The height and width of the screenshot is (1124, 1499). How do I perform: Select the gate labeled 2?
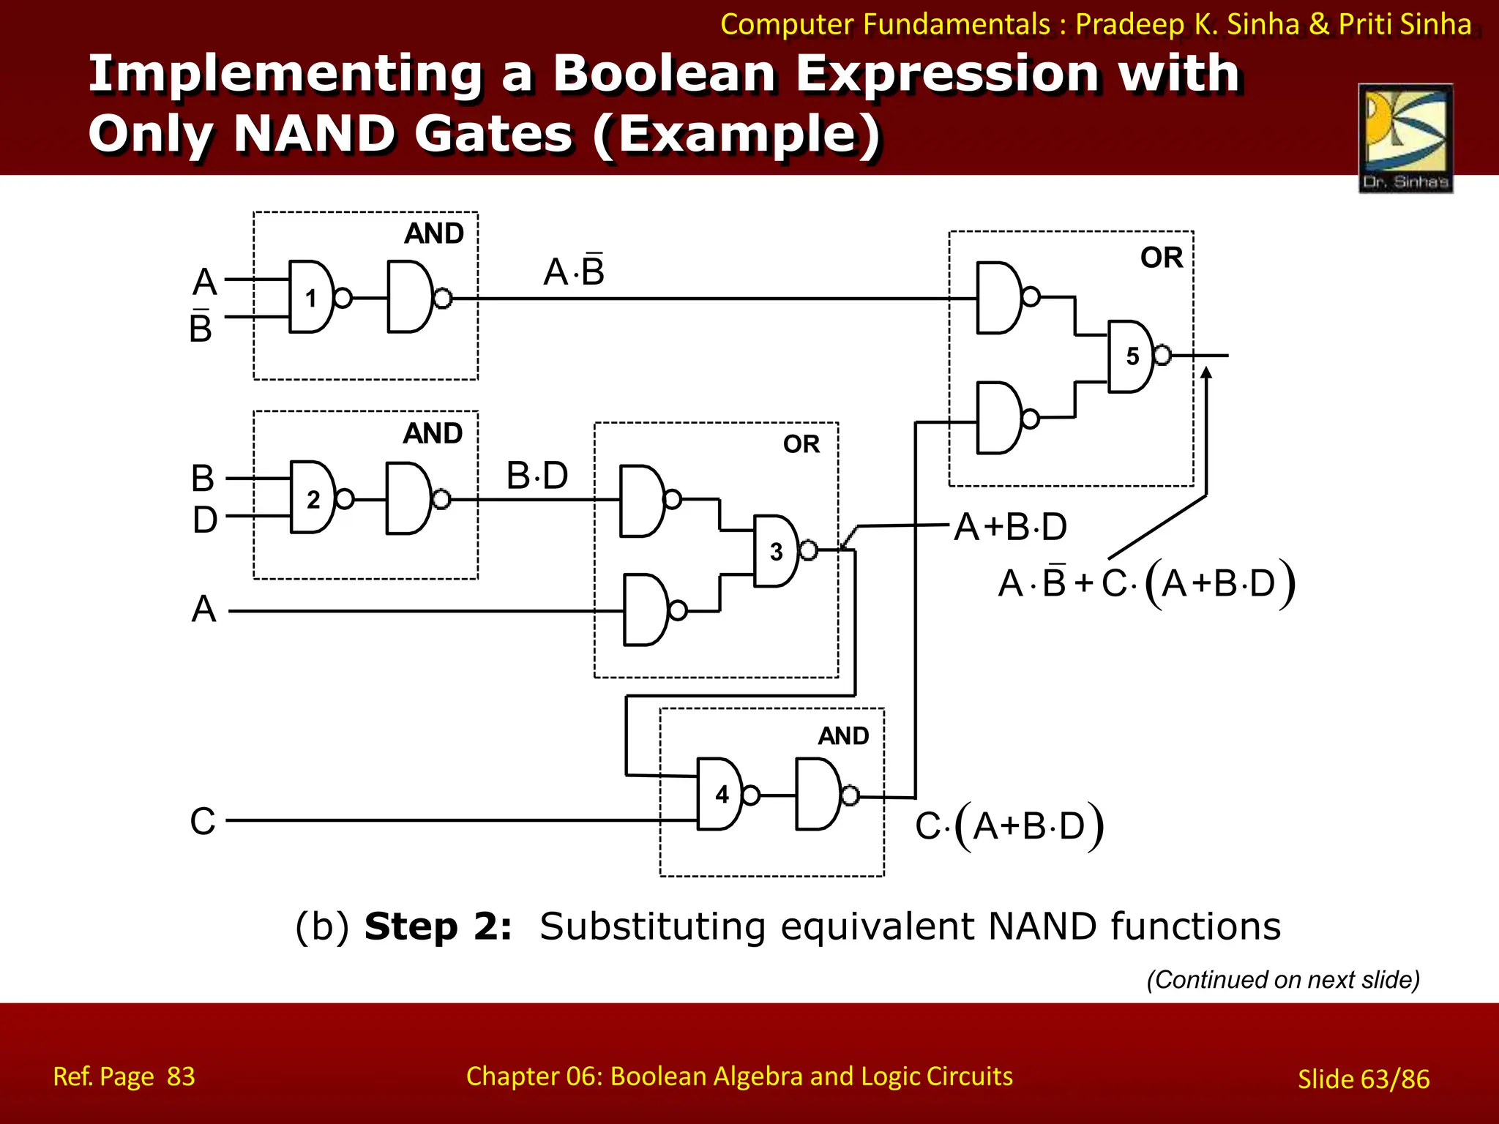point(313,498)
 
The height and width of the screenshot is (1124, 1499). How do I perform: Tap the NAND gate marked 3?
point(777,551)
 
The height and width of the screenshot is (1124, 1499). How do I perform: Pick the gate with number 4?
point(720,795)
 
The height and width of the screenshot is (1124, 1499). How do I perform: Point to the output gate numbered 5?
point(1132,356)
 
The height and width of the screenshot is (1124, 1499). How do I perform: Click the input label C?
point(203,821)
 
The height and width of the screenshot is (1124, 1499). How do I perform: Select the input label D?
point(205,520)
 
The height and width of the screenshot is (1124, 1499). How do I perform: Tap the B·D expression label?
point(537,476)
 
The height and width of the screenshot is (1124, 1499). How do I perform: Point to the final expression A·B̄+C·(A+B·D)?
point(1146,584)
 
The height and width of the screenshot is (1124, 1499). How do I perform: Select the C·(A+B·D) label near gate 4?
point(1009,826)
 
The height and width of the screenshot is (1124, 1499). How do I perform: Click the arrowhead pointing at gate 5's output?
point(1206,373)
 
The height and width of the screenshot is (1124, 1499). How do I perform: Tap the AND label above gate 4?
point(843,735)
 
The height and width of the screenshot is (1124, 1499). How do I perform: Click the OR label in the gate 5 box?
point(1162,258)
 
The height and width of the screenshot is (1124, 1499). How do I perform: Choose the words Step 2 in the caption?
point(438,926)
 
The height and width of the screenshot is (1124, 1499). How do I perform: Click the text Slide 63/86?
point(1363,1079)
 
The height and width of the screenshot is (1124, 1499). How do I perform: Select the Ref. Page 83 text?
point(124,1076)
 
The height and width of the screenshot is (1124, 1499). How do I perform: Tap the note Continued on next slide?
point(1282,979)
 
